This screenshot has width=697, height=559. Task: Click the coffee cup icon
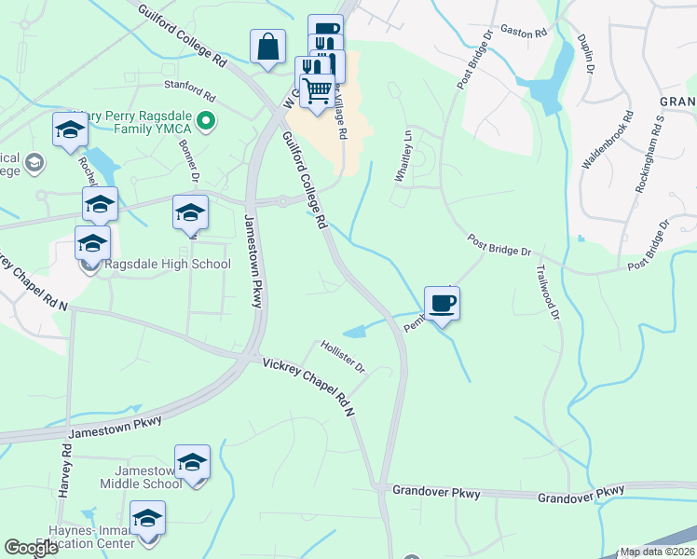[x=442, y=303]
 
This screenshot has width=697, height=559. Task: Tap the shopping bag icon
[x=267, y=47]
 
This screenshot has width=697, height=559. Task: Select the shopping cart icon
[x=317, y=91]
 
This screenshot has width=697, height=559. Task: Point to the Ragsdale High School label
[x=168, y=264]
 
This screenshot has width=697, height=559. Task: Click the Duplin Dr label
[x=586, y=55]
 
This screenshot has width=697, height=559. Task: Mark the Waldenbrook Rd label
[x=608, y=140]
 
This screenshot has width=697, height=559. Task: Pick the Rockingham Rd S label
[x=649, y=154]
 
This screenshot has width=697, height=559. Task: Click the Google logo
[x=32, y=548]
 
